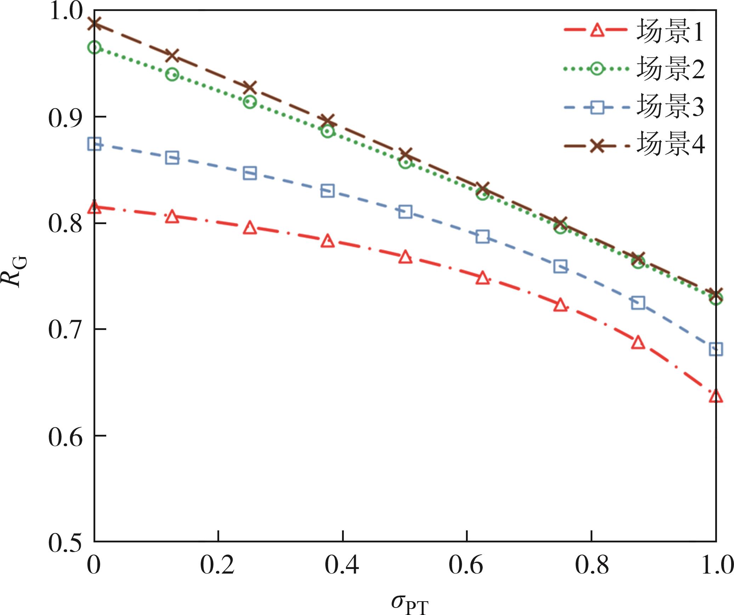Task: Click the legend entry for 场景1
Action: [x=669, y=31]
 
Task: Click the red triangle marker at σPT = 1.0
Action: [x=716, y=396]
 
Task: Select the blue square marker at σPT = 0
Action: [x=94, y=144]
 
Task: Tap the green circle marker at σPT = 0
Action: [x=94, y=47]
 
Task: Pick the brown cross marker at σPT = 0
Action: [x=94, y=24]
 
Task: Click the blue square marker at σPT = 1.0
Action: [x=716, y=349]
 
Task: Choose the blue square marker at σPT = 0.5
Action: [x=405, y=212]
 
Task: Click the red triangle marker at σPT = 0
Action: [x=94, y=207]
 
